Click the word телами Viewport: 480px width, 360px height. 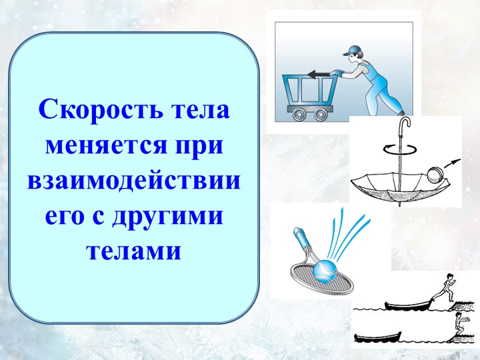(133, 253)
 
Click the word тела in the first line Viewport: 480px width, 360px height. (199, 109)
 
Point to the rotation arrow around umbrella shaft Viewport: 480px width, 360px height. (400, 150)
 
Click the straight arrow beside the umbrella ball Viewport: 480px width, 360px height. (453, 163)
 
